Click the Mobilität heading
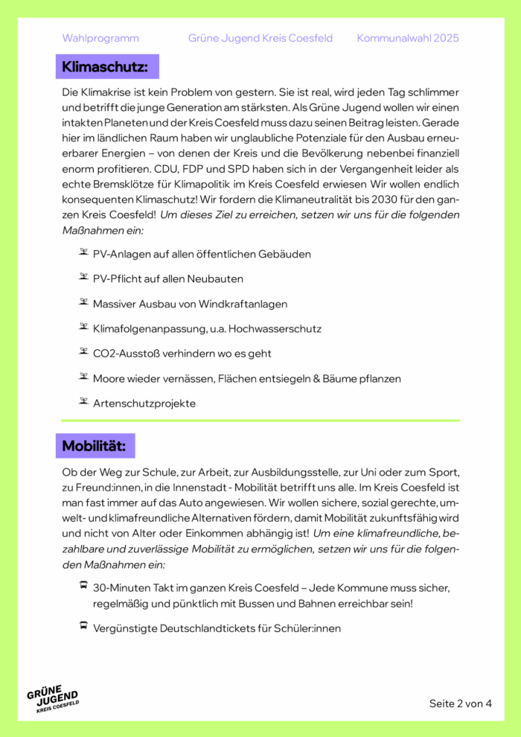point(94,446)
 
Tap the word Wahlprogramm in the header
point(100,38)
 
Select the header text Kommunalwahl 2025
point(408,38)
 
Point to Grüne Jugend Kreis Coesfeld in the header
point(260,38)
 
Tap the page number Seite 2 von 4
point(460,703)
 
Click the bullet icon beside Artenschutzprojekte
point(83,402)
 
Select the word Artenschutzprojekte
point(144,403)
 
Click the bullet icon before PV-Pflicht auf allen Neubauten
point(83,277)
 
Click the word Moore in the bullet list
point(109,378)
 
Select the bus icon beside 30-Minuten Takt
point(83,586)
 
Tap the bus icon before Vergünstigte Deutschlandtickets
point(83,627)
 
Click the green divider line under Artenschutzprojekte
point(260,421)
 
